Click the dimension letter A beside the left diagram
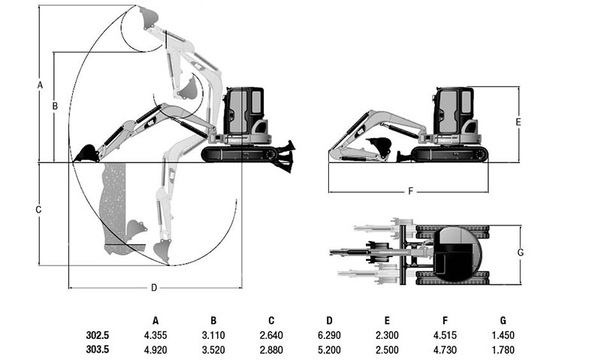pos(40,85)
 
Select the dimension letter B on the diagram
pos(55,105)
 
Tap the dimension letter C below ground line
pos(38,210)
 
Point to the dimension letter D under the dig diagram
pos(154,288)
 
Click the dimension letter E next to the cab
pos(518,122)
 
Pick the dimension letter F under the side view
pos(410,191)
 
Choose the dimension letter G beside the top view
pos(520,253)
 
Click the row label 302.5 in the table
pos(98,335)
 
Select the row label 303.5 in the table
pos(98,349)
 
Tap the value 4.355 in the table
pos(156,335)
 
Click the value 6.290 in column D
pos(329,335)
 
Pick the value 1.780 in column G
pos(503,349)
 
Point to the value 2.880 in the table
pos(271,349)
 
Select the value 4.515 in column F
pos(445,335)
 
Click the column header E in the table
pos(387,320)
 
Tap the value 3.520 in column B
pos(213,349)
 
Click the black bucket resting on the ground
pos(87,153)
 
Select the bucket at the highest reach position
pos(148,17)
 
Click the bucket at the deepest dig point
pos(162,251)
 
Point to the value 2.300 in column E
pos(387,335)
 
